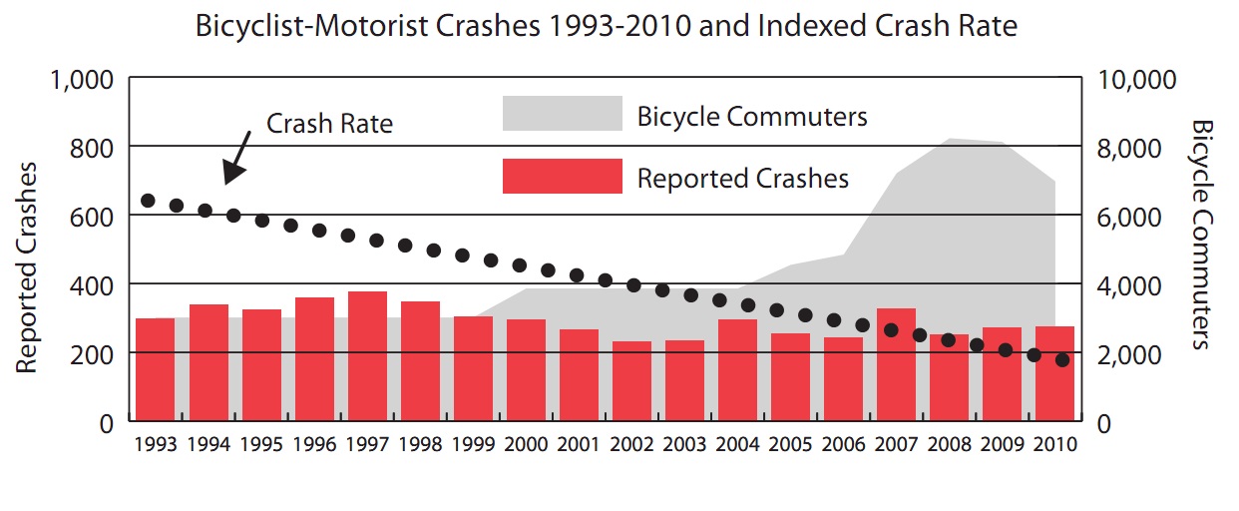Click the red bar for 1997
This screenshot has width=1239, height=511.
point(367,356)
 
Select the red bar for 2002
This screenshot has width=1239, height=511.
point(631,381)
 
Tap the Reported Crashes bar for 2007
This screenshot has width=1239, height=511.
point(896,364)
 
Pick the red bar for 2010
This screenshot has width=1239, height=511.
point(1054,373)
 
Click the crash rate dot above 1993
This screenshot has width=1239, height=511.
point(148,201)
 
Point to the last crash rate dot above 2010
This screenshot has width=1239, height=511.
point(1062,360)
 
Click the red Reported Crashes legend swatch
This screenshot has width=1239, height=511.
point(562,177)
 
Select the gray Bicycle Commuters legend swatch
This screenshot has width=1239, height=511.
point(562,114)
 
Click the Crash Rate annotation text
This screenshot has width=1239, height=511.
point(329,124)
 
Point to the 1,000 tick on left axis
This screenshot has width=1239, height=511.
point(81,79)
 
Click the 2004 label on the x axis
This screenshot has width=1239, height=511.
point(737,444)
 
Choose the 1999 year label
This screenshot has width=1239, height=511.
point(473,444)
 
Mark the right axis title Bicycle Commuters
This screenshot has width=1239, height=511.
point(1201,235)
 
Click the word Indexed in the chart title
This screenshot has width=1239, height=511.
point(814,26)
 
